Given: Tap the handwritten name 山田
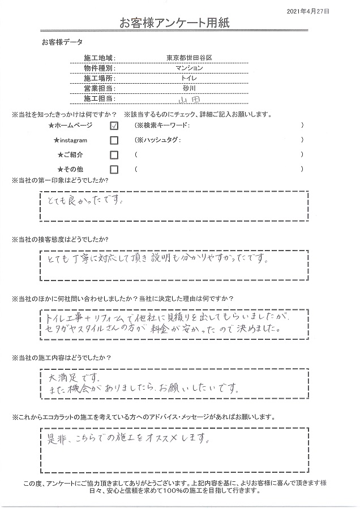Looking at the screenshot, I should [x=189, y=99].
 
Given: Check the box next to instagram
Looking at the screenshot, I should [x=114, y=140].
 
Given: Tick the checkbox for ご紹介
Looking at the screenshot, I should [x=114, y=155].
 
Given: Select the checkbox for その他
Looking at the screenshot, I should [x=114, y=169].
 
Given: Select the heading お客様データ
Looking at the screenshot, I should [x=62, y=42].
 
